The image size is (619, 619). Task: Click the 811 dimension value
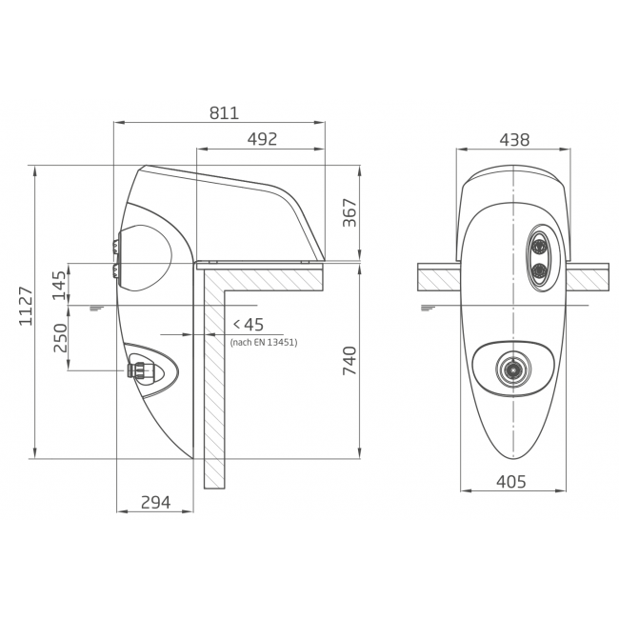(224, 113)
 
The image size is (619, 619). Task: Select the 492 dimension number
(262, 139)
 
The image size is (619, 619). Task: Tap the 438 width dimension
(514, 140)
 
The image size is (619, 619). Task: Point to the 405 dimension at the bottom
(511, 482)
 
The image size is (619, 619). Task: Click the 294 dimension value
(156, 502)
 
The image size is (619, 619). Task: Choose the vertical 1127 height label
(26, 307)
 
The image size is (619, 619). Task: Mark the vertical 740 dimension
(349, 360)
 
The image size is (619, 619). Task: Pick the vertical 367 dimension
(349, 212)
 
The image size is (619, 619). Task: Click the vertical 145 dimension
(59, 285)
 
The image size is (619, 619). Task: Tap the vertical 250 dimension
(60, 338)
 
